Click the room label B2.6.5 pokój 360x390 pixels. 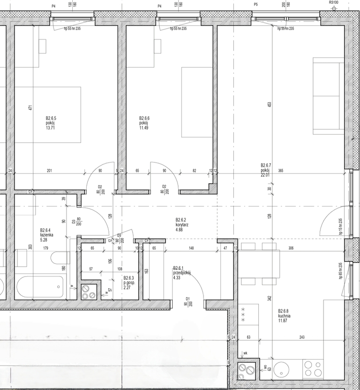[x=51, y=123]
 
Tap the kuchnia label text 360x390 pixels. [x=284, y=316]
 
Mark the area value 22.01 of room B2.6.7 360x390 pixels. [x=266, y=175]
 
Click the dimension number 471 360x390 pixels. [x=30, y=107]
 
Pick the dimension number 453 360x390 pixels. [x=270, y=105]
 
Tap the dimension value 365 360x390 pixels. [x=281, y=171]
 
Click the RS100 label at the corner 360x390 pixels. [x=333, y=2]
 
